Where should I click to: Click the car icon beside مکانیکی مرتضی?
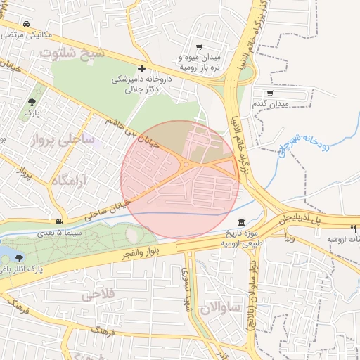pos(26,22)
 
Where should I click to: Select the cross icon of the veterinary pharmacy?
pos(142,69)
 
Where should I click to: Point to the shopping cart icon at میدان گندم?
pos(271,93)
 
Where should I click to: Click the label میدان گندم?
pos(270,104)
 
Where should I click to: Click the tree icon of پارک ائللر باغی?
pos(28,258)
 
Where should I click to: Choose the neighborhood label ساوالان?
pos(220,307)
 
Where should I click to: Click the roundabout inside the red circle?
pos(186,165)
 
